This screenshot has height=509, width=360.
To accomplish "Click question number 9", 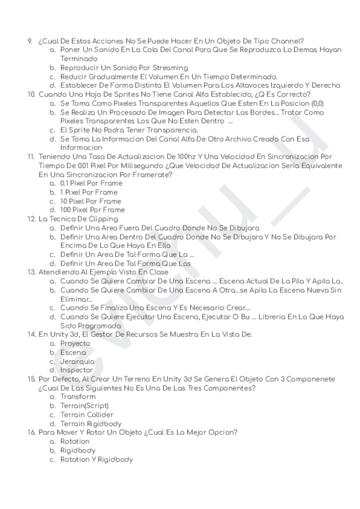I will [x=30, y=41].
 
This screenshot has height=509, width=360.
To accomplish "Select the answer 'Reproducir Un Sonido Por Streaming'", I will [x=124, y=68].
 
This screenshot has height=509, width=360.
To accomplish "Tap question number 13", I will [x=31, y=272].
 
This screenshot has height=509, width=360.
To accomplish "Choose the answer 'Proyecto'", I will [x=75, y=343].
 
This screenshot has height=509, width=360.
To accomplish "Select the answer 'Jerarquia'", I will [x=77, y=361].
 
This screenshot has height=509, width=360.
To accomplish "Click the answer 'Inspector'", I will [x=77, y=370].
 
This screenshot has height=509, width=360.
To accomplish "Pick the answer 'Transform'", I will [x=78, y=397].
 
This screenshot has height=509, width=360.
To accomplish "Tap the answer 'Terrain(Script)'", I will [x=85, y=406].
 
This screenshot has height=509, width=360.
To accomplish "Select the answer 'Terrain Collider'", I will [x=87, y=415].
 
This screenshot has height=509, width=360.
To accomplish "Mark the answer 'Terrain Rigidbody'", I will [x=91, y=424].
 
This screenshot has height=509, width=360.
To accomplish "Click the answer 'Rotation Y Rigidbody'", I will [x=97, y=459].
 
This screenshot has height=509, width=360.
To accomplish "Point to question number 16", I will [x=31, y=432].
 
